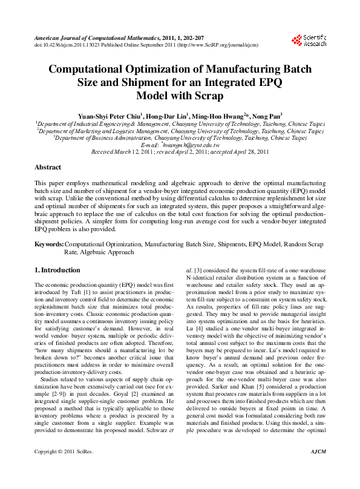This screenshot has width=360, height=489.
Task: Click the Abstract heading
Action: (47, 166)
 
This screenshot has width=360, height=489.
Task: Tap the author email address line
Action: (180, 145)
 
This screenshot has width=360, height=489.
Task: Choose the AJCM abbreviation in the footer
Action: (317, 469)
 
